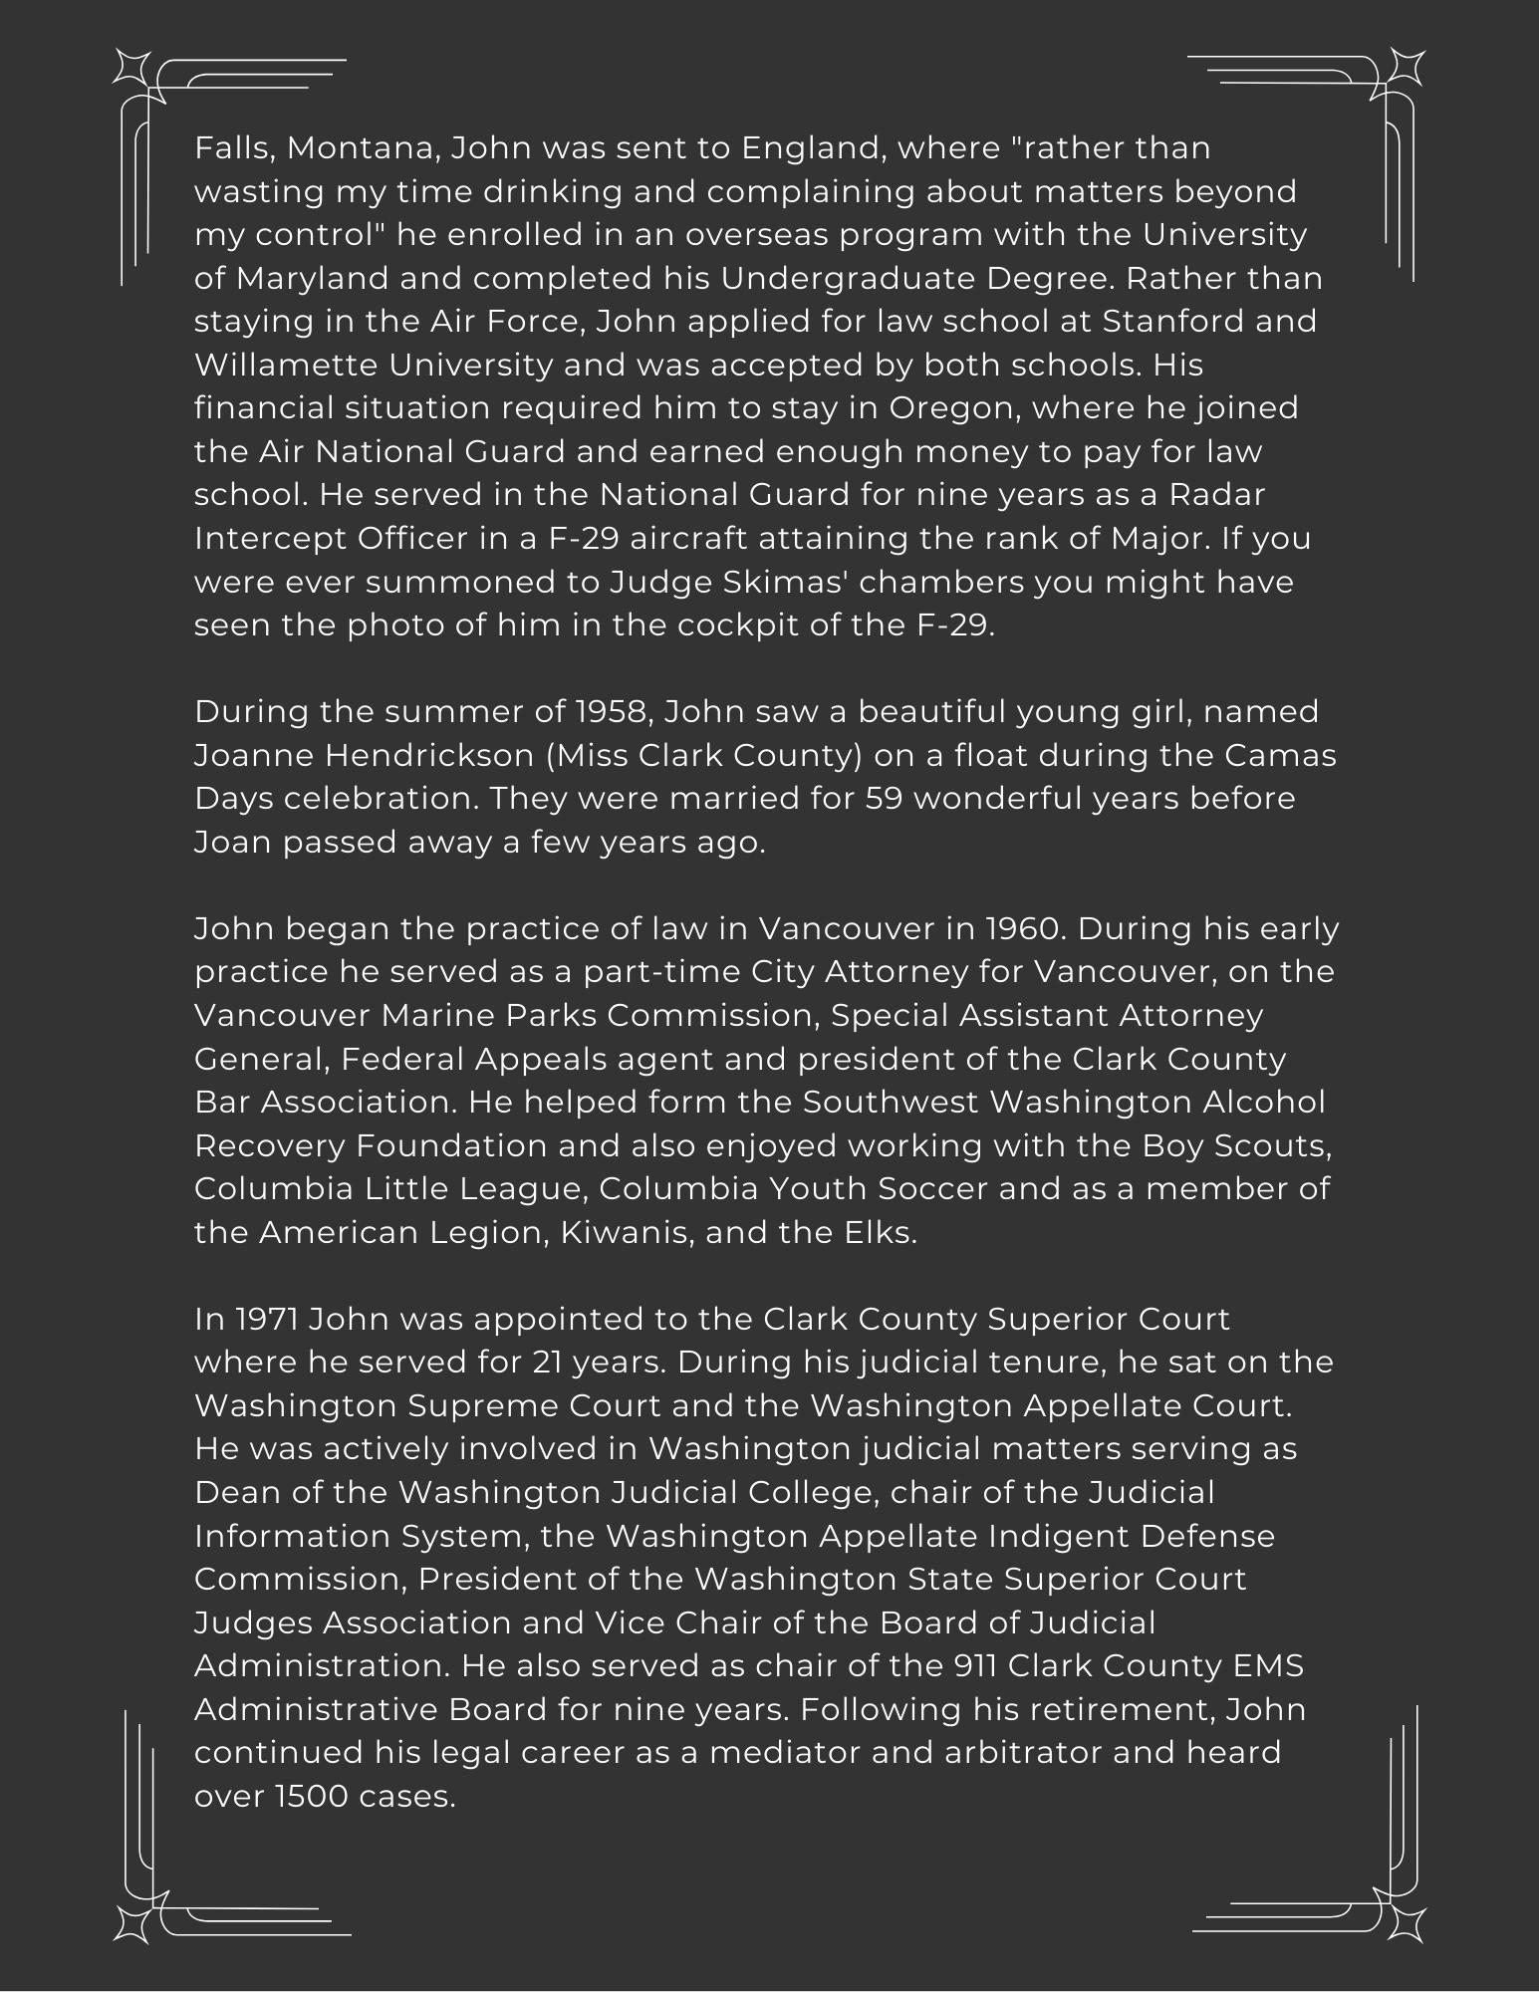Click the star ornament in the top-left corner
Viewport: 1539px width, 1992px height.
(131, 68)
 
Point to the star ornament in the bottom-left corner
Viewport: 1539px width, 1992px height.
(131, 1923)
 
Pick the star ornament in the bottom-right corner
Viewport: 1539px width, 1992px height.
(1407, 1923)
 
